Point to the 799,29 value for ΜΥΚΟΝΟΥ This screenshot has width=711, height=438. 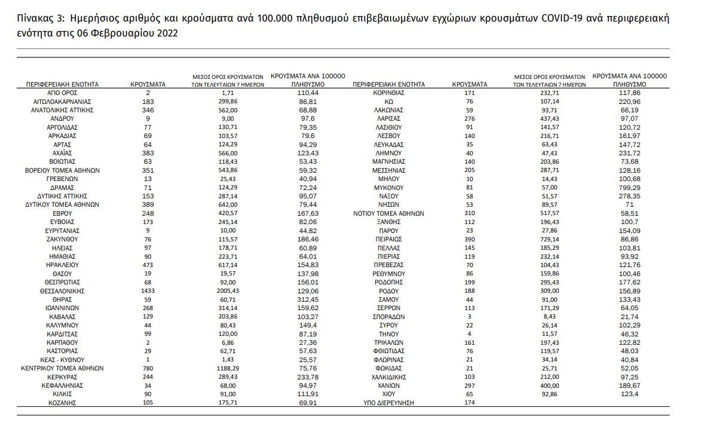629,188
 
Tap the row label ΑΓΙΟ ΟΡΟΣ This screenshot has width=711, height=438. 62,93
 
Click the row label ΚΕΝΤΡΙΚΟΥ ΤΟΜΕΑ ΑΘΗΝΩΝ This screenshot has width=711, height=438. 62,369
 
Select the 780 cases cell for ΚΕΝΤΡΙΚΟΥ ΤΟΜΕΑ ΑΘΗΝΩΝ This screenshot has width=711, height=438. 148,369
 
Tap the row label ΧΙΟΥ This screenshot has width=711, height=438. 388,394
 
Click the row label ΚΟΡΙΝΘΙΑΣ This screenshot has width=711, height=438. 388,93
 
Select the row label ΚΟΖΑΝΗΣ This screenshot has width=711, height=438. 62,403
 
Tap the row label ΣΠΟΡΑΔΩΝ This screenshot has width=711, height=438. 388,317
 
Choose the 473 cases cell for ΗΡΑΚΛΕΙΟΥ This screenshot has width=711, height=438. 148,265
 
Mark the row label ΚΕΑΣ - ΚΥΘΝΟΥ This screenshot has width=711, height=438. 62,360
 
